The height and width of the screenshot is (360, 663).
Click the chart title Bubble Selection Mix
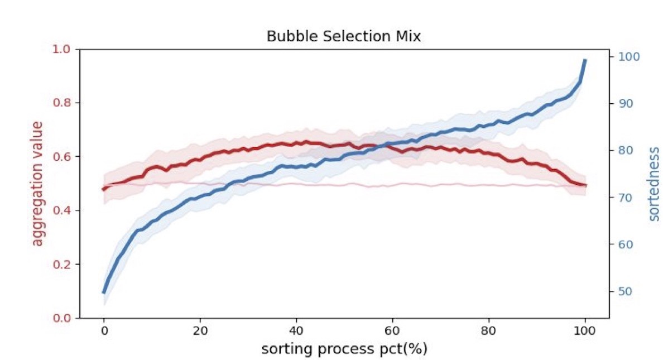click(x=343, y=37)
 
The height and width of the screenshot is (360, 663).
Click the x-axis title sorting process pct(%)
click(x=344, y=350)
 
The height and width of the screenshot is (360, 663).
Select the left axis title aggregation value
click(x=37, y=184)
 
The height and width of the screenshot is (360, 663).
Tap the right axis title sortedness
click(x=654, y=184)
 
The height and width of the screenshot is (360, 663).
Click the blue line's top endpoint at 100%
click(x=585, y=60)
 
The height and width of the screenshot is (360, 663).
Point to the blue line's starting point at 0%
click(x=104, y=292)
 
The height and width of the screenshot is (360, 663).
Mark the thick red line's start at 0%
click(x=104, y=189)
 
